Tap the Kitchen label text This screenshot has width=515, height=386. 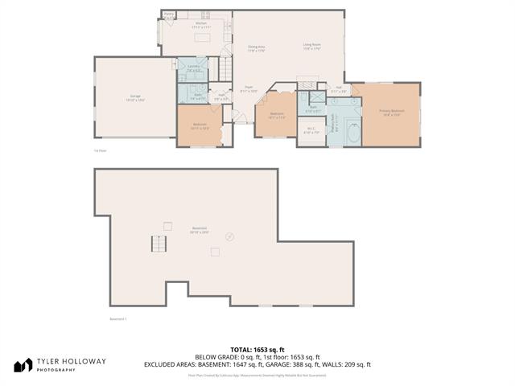click(x=201, y=24)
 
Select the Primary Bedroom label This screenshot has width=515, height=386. click(x=393, y=112)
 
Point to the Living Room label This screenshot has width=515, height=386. click(x=312, y=46)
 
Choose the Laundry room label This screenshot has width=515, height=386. click(x=194, y=68)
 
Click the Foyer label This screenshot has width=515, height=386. click(x=249, y=89)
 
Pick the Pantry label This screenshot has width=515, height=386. click(x=169, y=14)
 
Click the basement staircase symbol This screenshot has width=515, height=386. click(x=159, y=244)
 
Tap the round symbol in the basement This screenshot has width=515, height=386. click(x=230, y=236)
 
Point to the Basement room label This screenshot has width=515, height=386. click(x=199, y=229)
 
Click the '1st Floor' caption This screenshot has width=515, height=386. click(x=101, y=150)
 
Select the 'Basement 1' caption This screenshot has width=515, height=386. click(x=117, y=318)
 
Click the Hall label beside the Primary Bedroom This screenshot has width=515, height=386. click(x=339, y=89)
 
